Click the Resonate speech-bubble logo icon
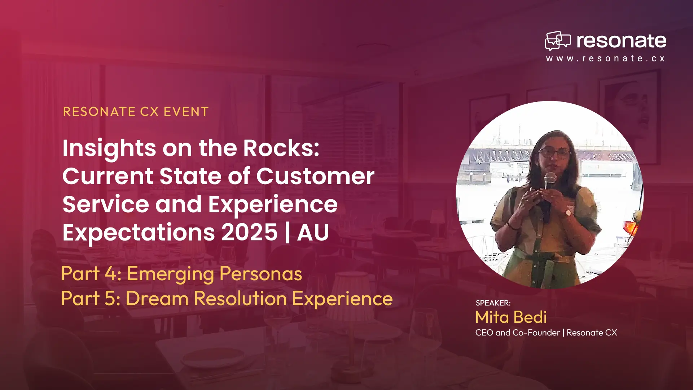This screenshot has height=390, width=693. (558, 40)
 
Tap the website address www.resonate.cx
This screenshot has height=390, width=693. (605, 58)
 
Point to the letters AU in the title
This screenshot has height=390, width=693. (313, 232)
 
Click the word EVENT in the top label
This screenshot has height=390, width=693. (186, 112)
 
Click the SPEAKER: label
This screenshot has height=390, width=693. (493, 303)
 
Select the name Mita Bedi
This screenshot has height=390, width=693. (511, 317)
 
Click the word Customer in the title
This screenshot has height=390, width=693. (315, 176)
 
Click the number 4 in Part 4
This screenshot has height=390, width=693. (110, 273)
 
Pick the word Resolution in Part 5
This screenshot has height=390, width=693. (240, 299)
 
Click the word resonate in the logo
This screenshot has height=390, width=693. (621, 41)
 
